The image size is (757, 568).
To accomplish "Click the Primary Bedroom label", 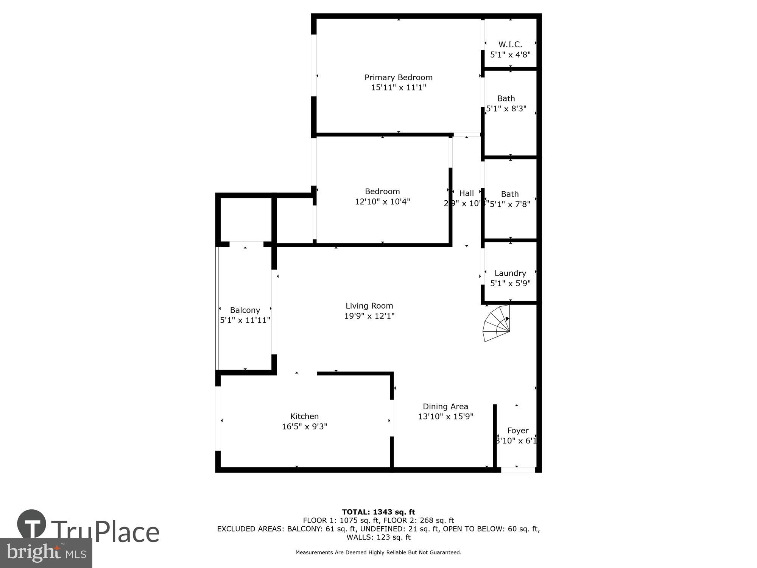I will (398, 78).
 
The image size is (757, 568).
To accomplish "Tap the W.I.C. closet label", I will (510, 45).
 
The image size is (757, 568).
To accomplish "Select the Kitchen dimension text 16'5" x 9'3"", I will (304, 427).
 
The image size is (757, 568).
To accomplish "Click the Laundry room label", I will (510, 273).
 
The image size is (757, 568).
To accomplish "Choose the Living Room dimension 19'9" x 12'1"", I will (369, 316).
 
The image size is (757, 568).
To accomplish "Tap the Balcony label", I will (245, 310).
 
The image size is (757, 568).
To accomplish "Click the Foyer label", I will (517, 431).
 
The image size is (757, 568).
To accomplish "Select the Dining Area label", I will (445, 407).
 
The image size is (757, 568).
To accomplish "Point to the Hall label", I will (466, 193).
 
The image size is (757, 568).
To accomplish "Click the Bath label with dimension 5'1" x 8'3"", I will (506, 99).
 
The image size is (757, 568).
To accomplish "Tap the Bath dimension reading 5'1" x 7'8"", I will (510, 204).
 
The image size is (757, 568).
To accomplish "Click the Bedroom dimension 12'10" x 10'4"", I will (382, 201).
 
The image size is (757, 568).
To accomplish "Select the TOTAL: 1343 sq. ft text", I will (378, 512).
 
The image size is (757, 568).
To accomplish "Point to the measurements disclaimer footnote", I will (378, 552).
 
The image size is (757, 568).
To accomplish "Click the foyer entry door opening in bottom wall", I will (518, 470).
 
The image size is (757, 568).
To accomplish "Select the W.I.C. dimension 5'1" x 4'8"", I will (510, 55).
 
